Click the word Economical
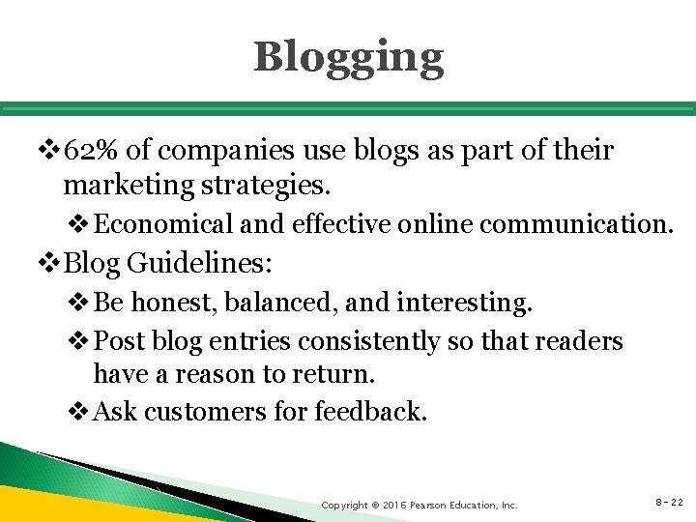click(164, 224)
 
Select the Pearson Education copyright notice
click(420, 505)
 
